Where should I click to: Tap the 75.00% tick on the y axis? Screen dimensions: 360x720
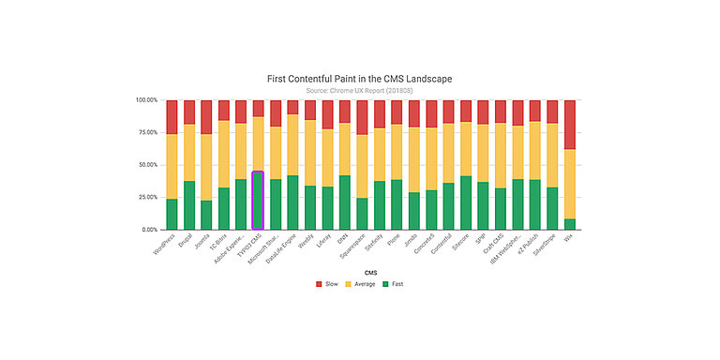click(x=147, y=132)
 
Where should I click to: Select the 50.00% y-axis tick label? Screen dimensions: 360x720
click(x=147, y=165)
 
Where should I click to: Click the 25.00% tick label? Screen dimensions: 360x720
click(x=147, y=197)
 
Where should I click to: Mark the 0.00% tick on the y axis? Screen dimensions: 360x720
click(x=149, y=230)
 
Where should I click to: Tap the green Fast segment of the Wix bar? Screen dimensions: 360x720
click(x=569, y=224)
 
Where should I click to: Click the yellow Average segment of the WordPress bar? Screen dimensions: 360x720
click(x=172, y=166)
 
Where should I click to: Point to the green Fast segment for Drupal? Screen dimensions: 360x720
click(x=189, y=205)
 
